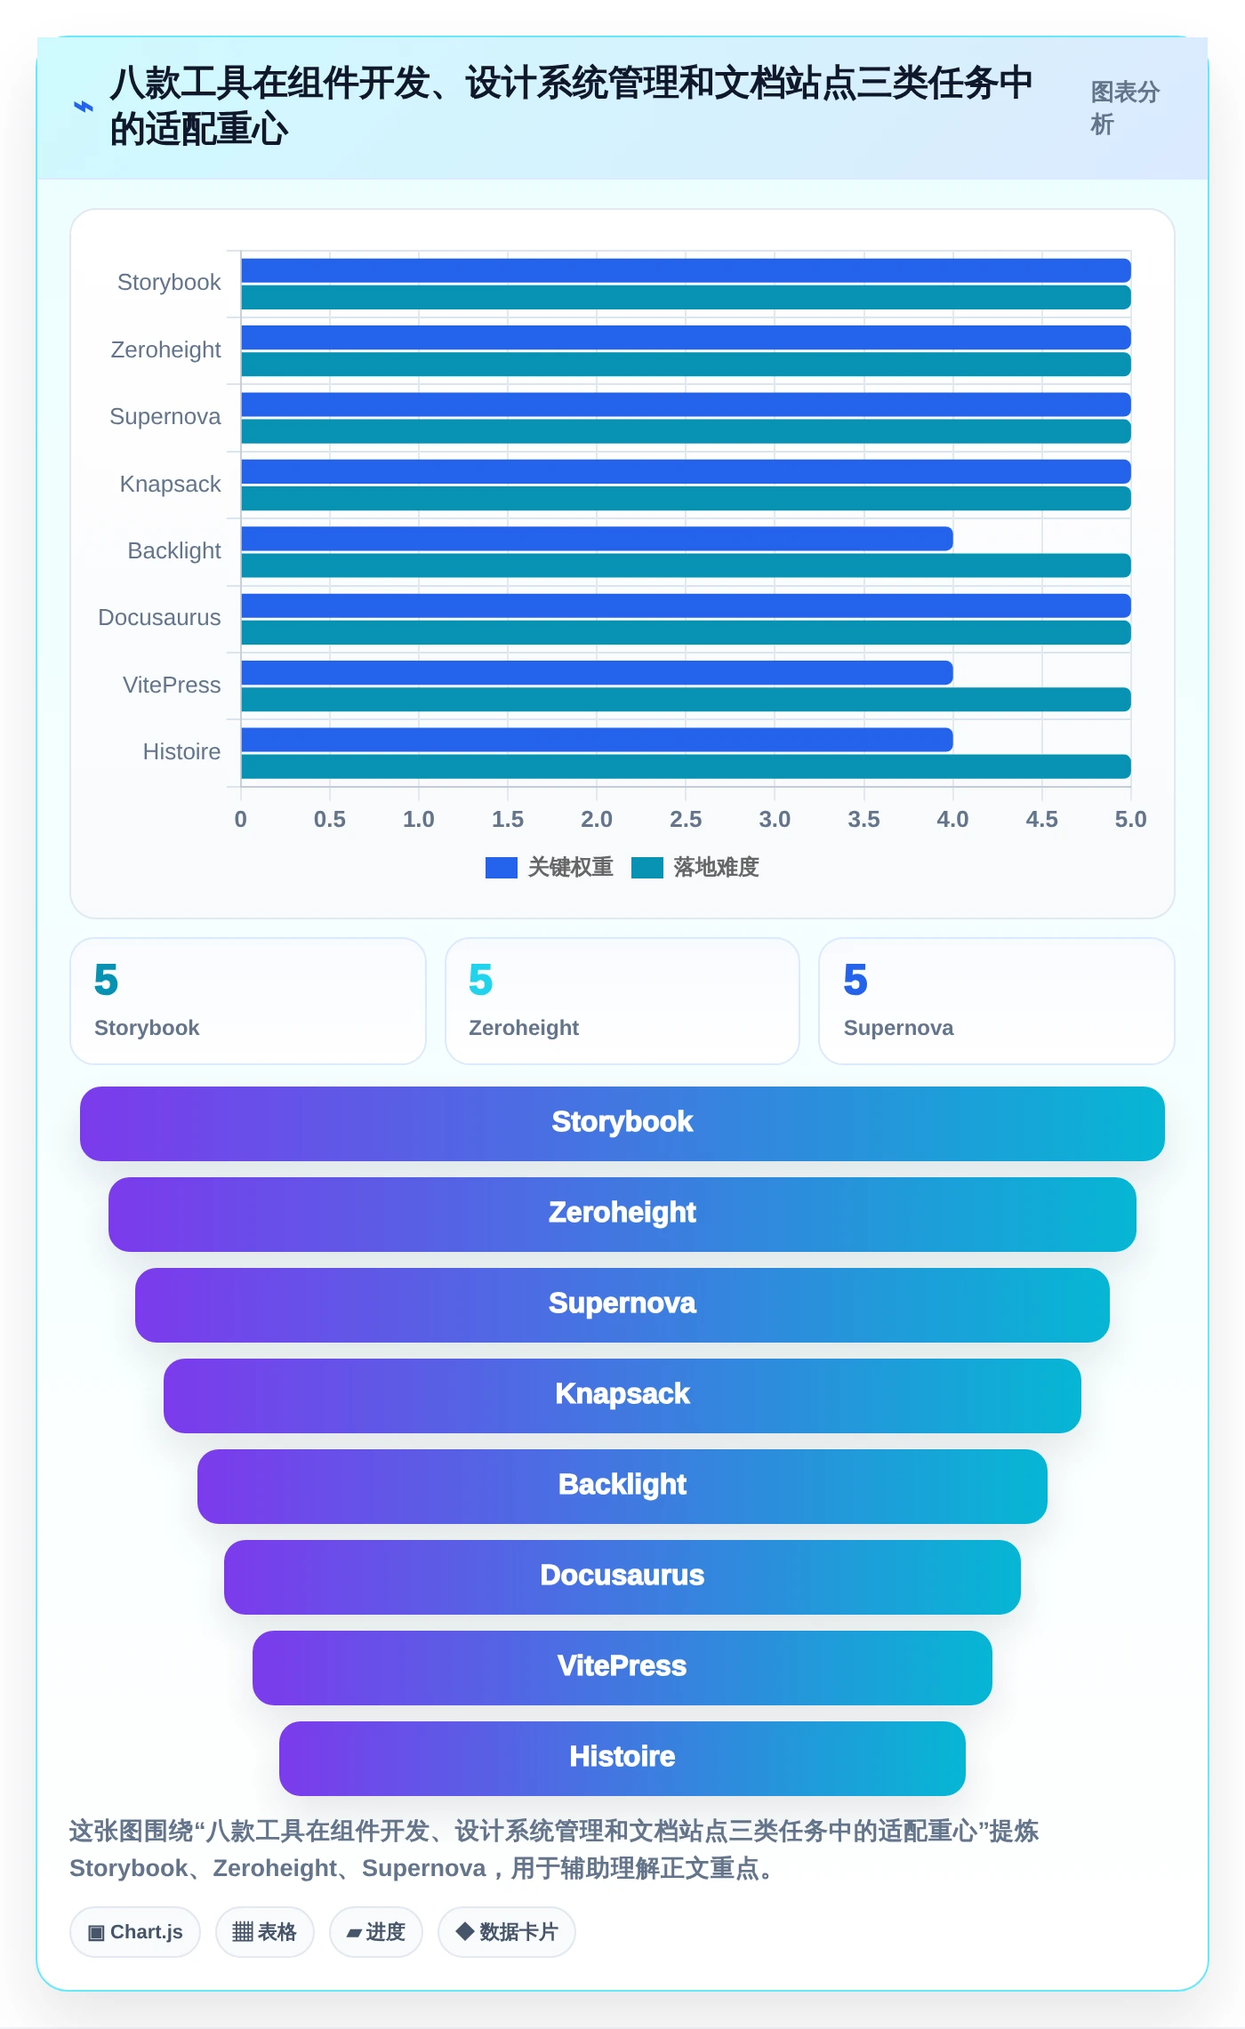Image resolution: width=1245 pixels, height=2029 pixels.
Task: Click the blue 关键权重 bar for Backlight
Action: (597, 538)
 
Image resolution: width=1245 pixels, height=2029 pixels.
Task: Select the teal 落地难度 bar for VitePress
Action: (686, 700)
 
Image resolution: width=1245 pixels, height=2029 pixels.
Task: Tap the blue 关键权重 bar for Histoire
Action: (597, 740)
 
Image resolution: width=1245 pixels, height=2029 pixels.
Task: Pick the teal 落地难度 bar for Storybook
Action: (686, 297)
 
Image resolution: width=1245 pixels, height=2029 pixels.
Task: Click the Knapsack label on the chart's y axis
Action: (170, 484)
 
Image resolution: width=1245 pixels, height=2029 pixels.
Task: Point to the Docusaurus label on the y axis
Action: (159, 617)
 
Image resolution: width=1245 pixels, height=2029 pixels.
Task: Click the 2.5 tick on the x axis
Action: (686, 819)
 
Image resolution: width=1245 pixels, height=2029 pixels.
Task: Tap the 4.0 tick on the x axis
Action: (952, 819)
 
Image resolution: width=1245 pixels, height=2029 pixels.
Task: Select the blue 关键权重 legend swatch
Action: (502, 867)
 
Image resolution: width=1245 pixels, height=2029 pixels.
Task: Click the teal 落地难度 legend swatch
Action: (647, 867)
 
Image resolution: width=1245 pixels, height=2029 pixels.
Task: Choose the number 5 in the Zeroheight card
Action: (480, 980)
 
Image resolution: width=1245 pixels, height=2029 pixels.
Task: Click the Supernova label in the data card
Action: (898, 1028)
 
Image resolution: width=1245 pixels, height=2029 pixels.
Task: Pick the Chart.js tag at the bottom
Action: (135, 1932)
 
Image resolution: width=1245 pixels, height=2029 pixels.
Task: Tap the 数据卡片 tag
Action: (507, 1932)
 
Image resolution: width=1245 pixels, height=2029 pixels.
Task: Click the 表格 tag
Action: (265, 1932)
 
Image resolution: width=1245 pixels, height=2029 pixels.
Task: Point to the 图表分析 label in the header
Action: (1125, 108)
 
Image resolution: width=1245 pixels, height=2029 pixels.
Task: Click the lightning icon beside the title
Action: (83, 107)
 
